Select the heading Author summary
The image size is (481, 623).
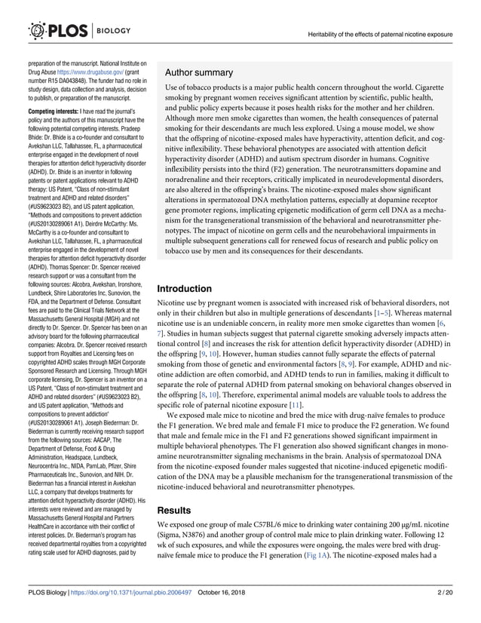pyautogui.click(x=198, y=72)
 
